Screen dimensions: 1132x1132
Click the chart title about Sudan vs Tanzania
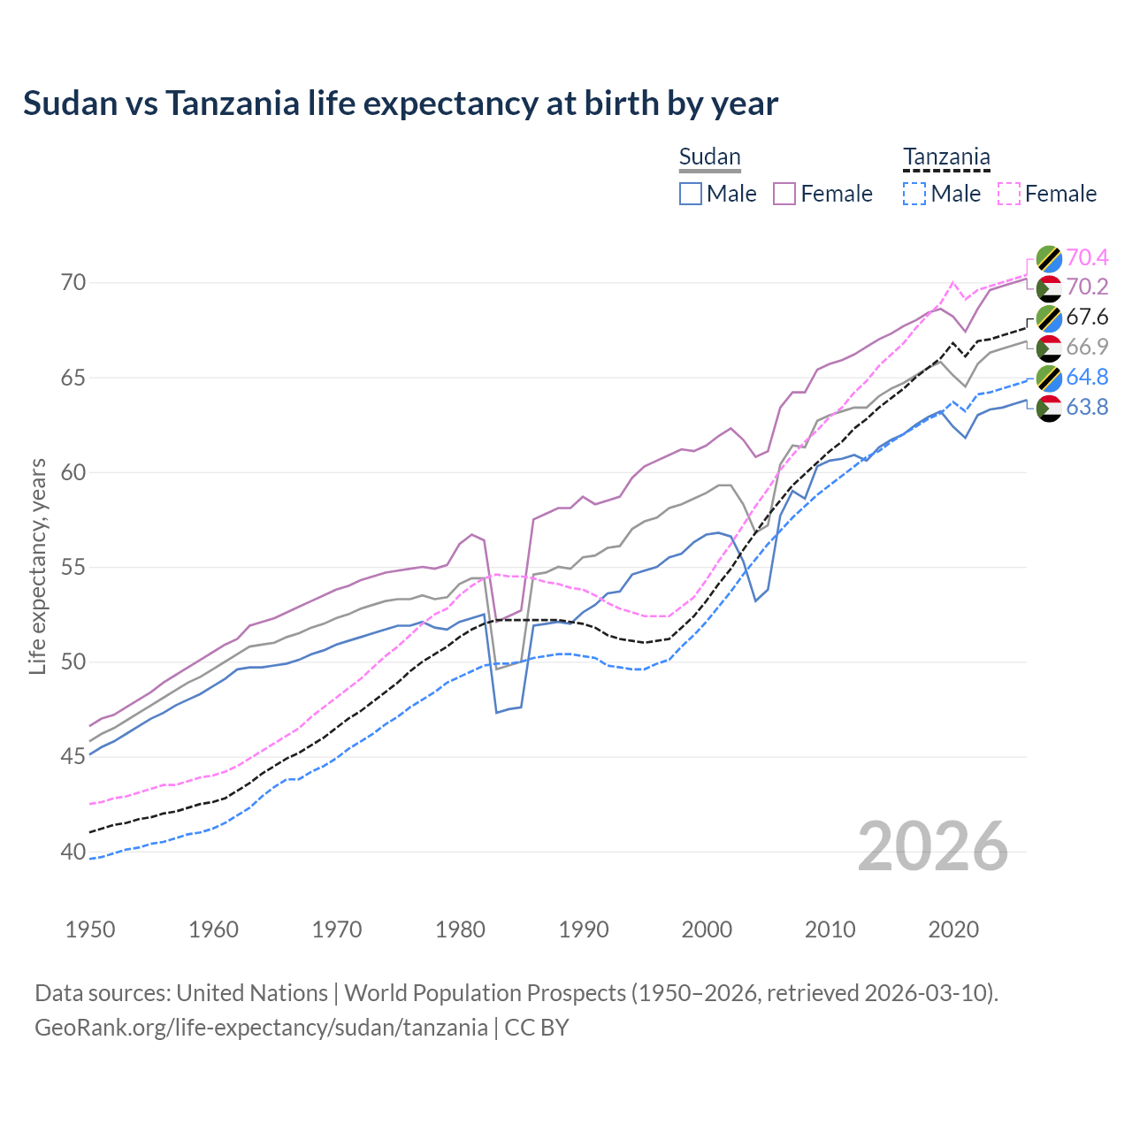tap(400, 103)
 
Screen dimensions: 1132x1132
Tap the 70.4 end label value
tap(1087, 257)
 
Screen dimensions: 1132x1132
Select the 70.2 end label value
tap(1087, 287)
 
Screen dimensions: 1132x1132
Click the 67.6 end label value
tap(1087, 317)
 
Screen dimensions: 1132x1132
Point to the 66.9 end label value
tap(1087, 347)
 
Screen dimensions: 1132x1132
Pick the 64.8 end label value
tap(1087, 377)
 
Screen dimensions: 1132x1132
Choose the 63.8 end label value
tap(1087, 407)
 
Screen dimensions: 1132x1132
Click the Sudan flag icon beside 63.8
tap(1049, 408)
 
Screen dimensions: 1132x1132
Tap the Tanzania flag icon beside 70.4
tap(1049, 258)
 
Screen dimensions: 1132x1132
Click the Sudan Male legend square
tap(691, 194)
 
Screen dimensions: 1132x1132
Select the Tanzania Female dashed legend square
tap(1009, 194)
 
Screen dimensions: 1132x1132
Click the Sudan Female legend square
tap(784, 194)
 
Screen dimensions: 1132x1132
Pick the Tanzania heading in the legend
tap(946, 157)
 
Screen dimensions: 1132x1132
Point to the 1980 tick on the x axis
tap(460, 929)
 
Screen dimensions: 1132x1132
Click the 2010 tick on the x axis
tap(830, 929)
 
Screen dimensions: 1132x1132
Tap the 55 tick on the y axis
tap(73, 567)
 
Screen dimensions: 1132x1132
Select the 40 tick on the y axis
tap(73, 852)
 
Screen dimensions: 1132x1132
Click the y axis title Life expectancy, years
tap(38, 566)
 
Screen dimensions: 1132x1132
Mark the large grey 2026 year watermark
tap(933, 846)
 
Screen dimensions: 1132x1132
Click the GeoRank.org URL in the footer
tap(261, 1028)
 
